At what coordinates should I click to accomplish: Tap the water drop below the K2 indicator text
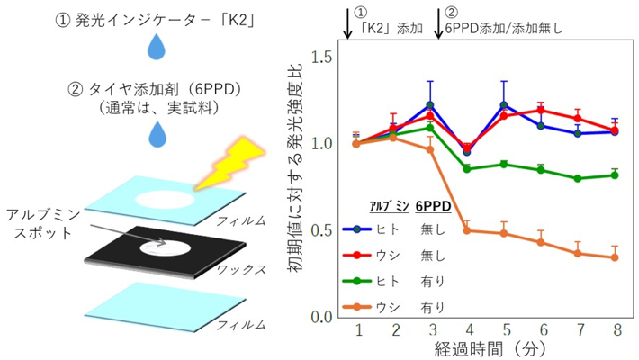pyautogui.click(x=156, y=47)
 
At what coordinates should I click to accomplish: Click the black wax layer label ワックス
pyautogui.click(x=242, y=269)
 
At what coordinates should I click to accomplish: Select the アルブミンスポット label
pyautogui.click(x=43, y=224)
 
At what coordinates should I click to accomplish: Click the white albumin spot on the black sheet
pyautogui.click(x=166, y=247)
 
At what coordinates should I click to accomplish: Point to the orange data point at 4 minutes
pyautogui.click(x=467, y=230)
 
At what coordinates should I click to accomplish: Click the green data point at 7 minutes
pyautogui.click(x=578, y=178)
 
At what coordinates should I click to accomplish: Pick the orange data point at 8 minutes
pyautogui.click(x=615, y=257)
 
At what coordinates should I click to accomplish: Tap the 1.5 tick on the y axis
pyautogui.click(x=322, y=58)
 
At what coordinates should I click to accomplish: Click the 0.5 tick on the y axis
pyautogui.click(x=322, y=230)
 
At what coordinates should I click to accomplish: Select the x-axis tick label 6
pyautogui.click(x=544, y=329)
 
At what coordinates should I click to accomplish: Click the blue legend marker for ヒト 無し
pyautogui.click(x=357, y=229)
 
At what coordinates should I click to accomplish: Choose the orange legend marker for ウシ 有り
pyautogui.click(x=357, y=307)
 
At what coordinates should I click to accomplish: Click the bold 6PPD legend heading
pyautogui.click(x=433, y=207)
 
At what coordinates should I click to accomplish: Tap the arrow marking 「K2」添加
pyautogui.click(x=347, y=22)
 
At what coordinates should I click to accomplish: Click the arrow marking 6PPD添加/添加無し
pyautogui.click(x=438, y=22)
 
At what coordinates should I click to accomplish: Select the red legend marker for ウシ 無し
pyautogui.click(x=357, y=256)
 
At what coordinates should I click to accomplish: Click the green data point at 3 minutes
pyautogui.click(x=430, y=128)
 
